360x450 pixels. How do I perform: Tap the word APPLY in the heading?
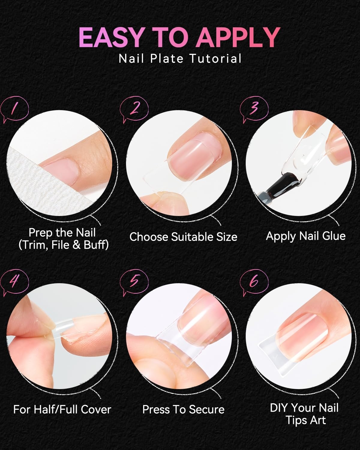[x=238, y=38]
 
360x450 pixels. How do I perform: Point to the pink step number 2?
[x=134, y=108]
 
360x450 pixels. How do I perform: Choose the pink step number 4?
[x=14, y=281]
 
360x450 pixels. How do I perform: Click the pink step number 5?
[x=134, y=280]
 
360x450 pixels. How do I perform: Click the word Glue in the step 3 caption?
[x=334, y=236]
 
